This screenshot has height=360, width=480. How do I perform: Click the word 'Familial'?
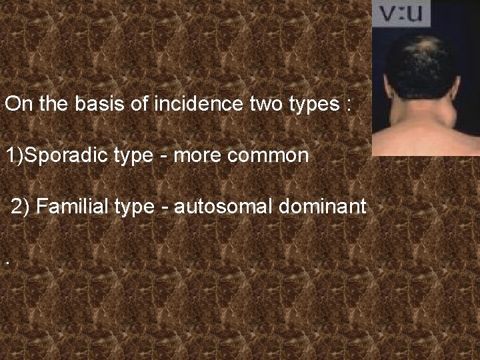coord(73,207)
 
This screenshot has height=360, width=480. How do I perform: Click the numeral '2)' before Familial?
coord(21,207)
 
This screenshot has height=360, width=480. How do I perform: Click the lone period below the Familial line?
coord(7,263)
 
